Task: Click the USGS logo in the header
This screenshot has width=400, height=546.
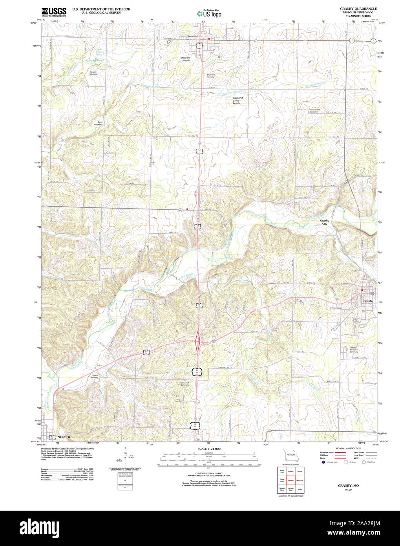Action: click(x=54, y=11)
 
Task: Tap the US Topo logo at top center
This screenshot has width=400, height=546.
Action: click(x=209, y=13)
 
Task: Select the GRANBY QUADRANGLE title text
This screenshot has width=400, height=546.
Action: click(x=358, y=9)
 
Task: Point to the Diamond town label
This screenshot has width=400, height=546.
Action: click(x=192, y=36)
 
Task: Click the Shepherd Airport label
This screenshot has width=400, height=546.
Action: click(x=185, y=59)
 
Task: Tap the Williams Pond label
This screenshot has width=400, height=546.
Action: click(x=95, y=60)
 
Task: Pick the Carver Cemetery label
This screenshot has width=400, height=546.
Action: click(x=94, y=73)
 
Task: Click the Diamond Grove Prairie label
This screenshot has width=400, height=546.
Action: click(x=237, y=100)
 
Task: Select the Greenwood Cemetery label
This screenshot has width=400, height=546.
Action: click(x=315, y=111)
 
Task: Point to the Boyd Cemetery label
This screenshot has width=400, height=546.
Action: click(x=100, y=123)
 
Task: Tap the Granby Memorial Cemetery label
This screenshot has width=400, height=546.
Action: click(x=353, y=350)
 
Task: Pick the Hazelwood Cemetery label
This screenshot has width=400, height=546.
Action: click(x=184, y=384)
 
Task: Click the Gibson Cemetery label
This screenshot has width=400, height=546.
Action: click(x=95, y=376)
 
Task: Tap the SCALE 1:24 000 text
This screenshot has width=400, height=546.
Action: click(x=209, y=449)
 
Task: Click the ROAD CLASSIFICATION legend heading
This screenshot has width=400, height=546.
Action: click(x=348, y=448)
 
